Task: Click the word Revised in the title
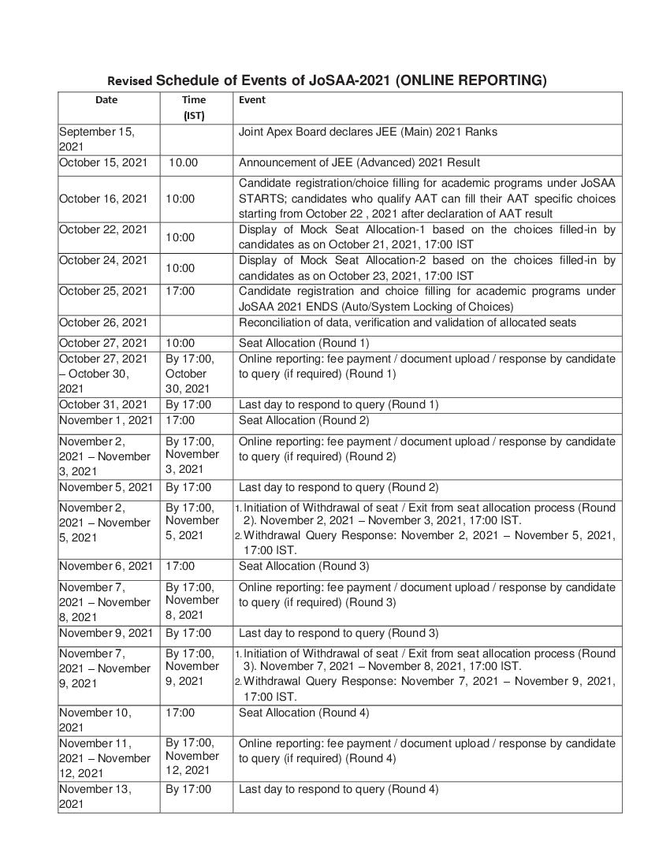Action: coord(130,81)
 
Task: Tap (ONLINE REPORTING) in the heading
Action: coord(471,80)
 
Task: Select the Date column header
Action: coord(106,100)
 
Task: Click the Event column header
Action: coord(252,100)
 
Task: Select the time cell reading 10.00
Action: coord(184,163)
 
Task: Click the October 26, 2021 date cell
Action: coord(103,322)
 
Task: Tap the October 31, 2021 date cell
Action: coord(103,405)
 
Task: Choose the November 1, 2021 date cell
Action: coord(106,421)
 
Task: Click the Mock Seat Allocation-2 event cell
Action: coord(426,268)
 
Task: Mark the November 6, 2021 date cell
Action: coord(106,567)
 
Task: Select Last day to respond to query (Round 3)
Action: coord(339,634)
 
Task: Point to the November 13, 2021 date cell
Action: coord(95,797)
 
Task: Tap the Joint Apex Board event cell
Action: coord(368,132)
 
